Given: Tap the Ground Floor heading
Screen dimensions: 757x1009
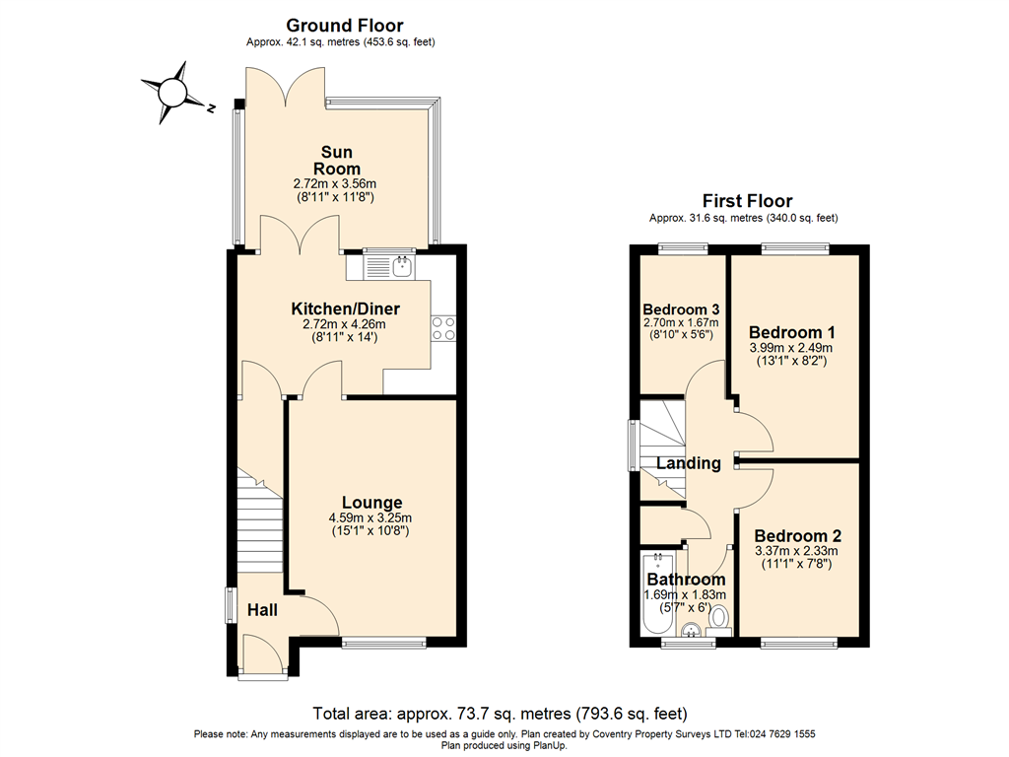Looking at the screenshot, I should pos(344,26).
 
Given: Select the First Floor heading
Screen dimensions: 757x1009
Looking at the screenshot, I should pos(747,201).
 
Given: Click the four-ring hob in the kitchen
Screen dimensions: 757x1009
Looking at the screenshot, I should pos(442,327).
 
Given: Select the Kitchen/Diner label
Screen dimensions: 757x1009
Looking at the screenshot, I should pos(331,309).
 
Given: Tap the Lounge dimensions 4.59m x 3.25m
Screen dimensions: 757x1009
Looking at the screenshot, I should pos(370,518).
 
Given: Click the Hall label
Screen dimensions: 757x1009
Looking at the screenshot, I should pos(262,610).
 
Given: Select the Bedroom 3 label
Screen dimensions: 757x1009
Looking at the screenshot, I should pos(680,308).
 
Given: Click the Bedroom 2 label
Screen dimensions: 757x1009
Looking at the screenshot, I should pos(796,536).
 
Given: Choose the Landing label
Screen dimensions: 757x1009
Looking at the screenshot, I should pos(689,463).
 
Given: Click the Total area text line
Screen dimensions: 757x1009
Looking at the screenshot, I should pos(500,714).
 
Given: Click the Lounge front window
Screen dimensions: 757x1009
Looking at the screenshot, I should pos(384,645).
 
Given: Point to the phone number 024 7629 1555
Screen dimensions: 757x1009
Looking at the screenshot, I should pos(775,734).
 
